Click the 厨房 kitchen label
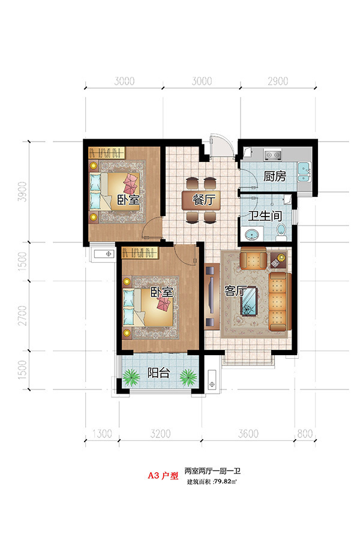pos(275,176)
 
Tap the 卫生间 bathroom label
pos(265,216)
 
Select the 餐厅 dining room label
pos(204,199)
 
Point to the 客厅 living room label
pos(235,291)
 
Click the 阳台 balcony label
pos(158,373)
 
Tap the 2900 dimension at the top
pos(278,81)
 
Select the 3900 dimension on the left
pos(22,192)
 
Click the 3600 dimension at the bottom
pos(248,434)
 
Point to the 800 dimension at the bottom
pos(305,434)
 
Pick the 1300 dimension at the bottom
pos(103,434)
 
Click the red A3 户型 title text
pos(163,476)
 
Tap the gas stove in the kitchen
pos(272,155)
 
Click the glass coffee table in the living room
pos(249,301)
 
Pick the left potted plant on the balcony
pos(131,377)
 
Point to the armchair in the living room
pos(253,258)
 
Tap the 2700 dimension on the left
pos(22,315)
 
